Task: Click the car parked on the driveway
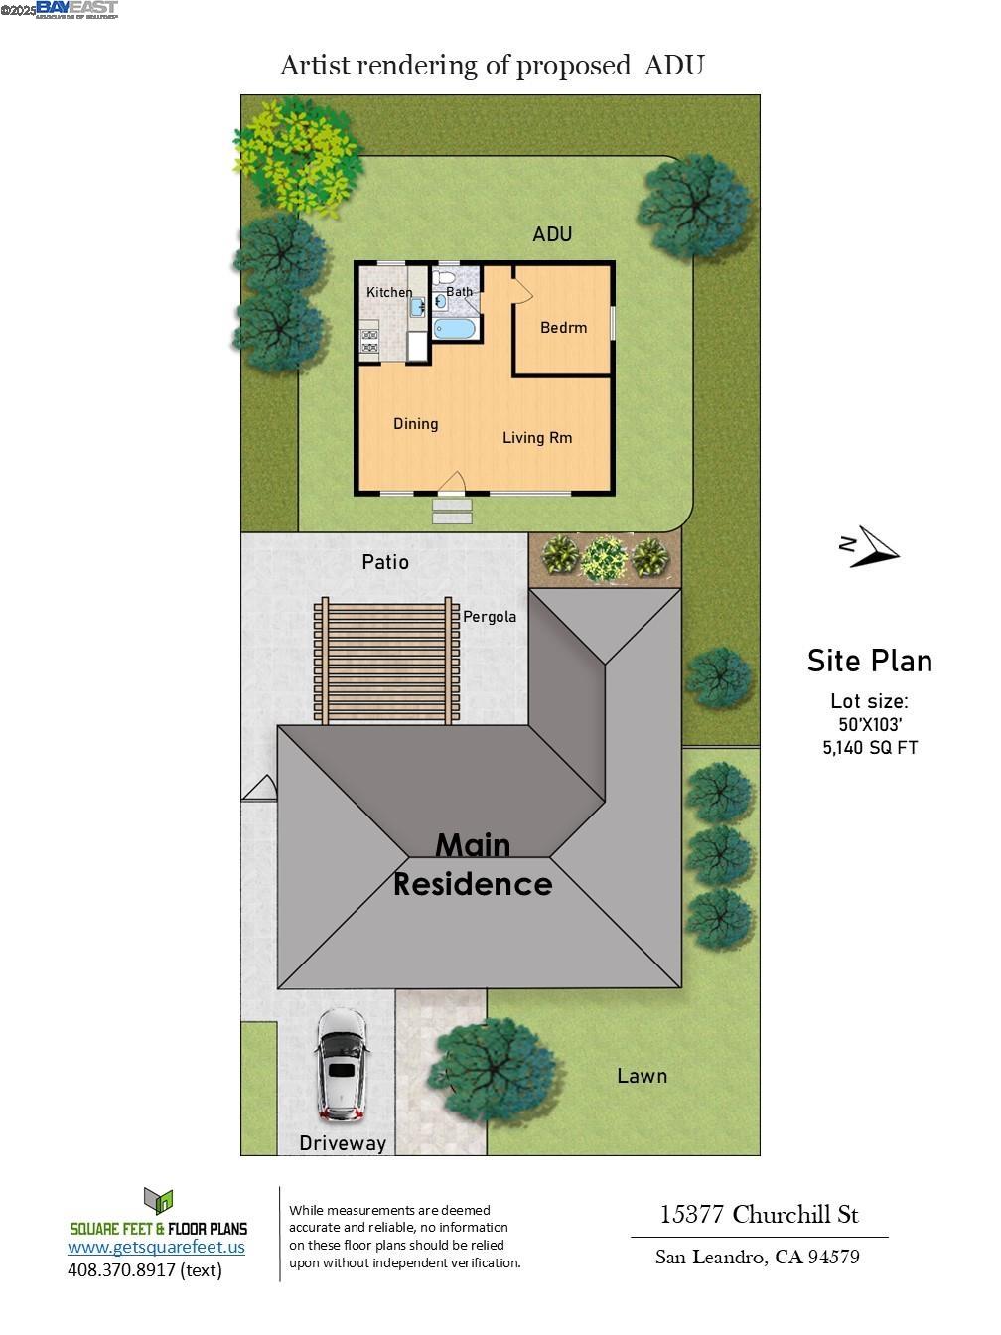[341, 1065]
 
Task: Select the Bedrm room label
[563, 328]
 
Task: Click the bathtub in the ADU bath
[455, 329]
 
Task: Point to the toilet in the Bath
[444, 276]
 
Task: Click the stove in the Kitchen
[369, 342]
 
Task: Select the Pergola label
[490, 617]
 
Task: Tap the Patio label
[385, 562]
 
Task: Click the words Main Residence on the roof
[473, 864]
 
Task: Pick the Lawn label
[642, 1076]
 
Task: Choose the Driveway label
[343, 1143]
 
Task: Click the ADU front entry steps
[452, 511]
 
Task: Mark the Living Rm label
[537, 438]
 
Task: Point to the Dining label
[415, 424]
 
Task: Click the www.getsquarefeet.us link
[156, 1247]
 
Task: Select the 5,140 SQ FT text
[870, 748]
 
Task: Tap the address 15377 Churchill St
[759, 1214]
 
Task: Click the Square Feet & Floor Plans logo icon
[158, 1201]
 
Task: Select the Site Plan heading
[869, 662]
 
